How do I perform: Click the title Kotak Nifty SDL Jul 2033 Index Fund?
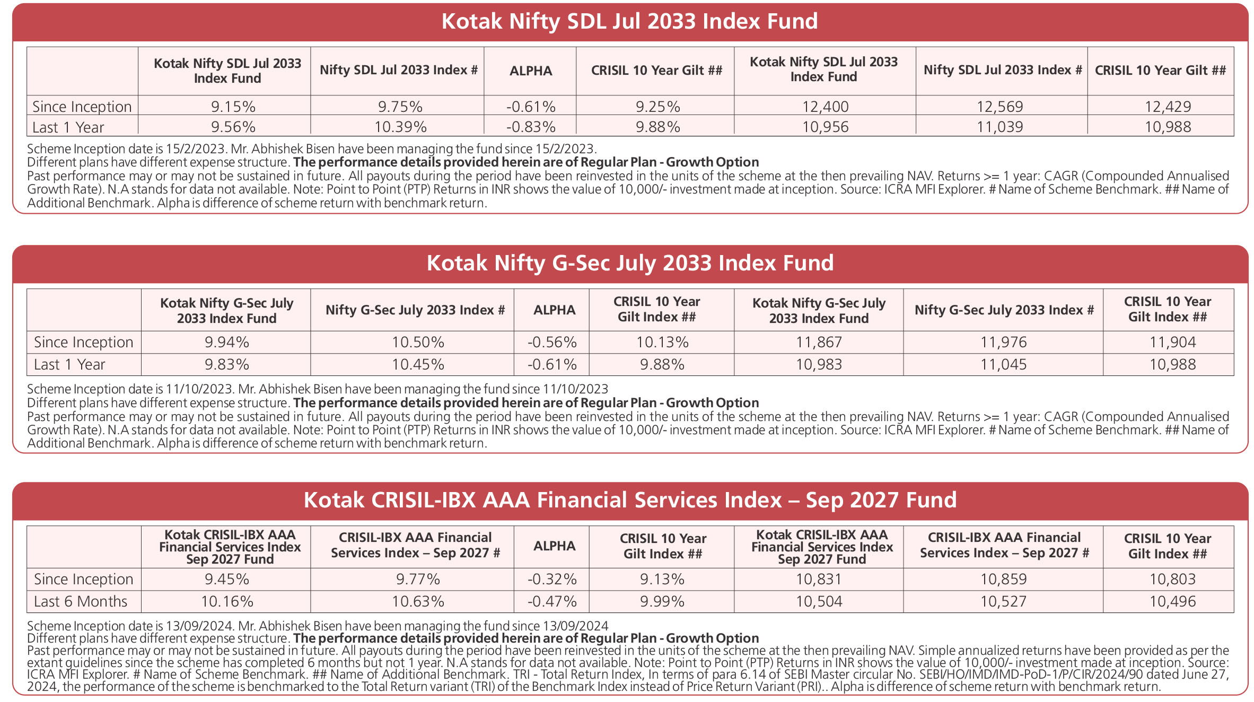pos(629,21)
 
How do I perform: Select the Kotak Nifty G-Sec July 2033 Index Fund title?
pos(630,263)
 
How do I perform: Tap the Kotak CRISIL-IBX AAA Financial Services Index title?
pos(630,500)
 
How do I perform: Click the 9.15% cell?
pos(233,107)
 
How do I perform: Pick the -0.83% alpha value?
pos(531,127)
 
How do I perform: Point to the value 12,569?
pos(1000,107)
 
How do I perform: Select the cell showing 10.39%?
pos(400,127)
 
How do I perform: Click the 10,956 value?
pos(826,127)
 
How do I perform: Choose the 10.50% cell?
pos(418,343)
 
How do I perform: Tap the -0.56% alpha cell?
pos(552,343)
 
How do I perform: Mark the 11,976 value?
pos(1004,343)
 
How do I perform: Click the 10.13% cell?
pos(662,343)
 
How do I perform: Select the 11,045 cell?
pos(1004,365)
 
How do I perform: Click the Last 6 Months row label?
pos(81,602)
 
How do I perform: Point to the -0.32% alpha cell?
pos(552,580)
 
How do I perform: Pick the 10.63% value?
pos(418,602)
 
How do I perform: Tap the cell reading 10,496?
pos(1173,602)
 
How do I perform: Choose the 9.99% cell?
pos(662,602)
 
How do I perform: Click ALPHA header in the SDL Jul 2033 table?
pos(531,71)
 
